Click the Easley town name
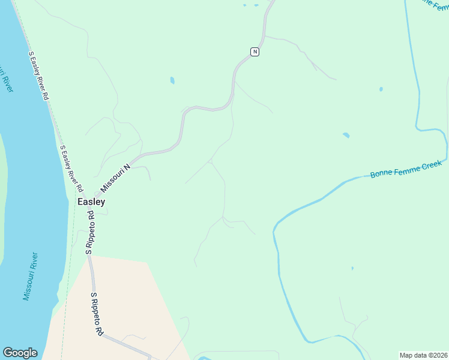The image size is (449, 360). pyautogui.click(x=91, y=202)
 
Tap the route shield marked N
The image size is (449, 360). pyautogui.click(x=255, y=52)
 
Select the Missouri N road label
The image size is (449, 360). pyautogui.click(x=115, y=179)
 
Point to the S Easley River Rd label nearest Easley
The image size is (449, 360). pyautogui.click(x=71, y=169)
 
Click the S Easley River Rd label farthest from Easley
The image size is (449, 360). pyautogui.click(x=38, y=75)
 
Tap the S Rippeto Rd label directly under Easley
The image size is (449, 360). pyautogui.click(x=89, y=232)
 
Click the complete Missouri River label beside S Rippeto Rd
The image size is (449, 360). pyautogui.click(x=31, y=276)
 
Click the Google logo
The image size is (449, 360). pyautogui.click(x=20, y=353)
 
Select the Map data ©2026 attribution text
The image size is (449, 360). pyautogui.click(x=423, y=355)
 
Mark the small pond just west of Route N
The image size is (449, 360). pyautogui.click(x=172, y=80)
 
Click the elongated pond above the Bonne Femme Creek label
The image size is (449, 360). pyautogui.click(x=346, y=135)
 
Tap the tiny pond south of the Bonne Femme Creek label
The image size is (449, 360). pyautogui.click(x=352, y=268)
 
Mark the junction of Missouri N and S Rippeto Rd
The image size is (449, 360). pyautogui.click(x=96, y=196)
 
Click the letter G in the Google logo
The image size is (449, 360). pyautogui.click(x=8, y=353)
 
